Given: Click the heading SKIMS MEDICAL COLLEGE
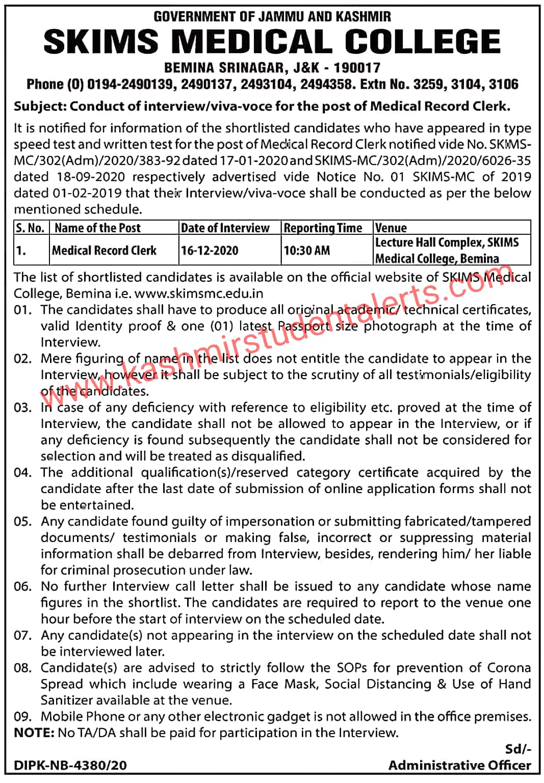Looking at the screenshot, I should click(272, 42).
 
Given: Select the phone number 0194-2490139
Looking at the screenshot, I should click(130, 84).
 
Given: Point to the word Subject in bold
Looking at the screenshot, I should click(38, 106).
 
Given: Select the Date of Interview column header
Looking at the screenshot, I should click(225, 228).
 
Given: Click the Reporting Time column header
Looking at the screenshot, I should click(323, 228).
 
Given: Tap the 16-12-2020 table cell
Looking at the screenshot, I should click(210, 250).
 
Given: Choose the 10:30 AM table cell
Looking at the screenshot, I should click(307, 250).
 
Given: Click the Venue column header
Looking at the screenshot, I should click(391, 228).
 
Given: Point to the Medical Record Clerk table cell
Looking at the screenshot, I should click(105, 250).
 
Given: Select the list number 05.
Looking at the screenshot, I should click(22, 522).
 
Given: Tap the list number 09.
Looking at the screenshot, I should click(22, 717).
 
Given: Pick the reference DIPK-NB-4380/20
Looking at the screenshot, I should click(70, 765).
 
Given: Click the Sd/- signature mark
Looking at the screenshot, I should click(517, 749).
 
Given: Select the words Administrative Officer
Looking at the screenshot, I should click(459, 765).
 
